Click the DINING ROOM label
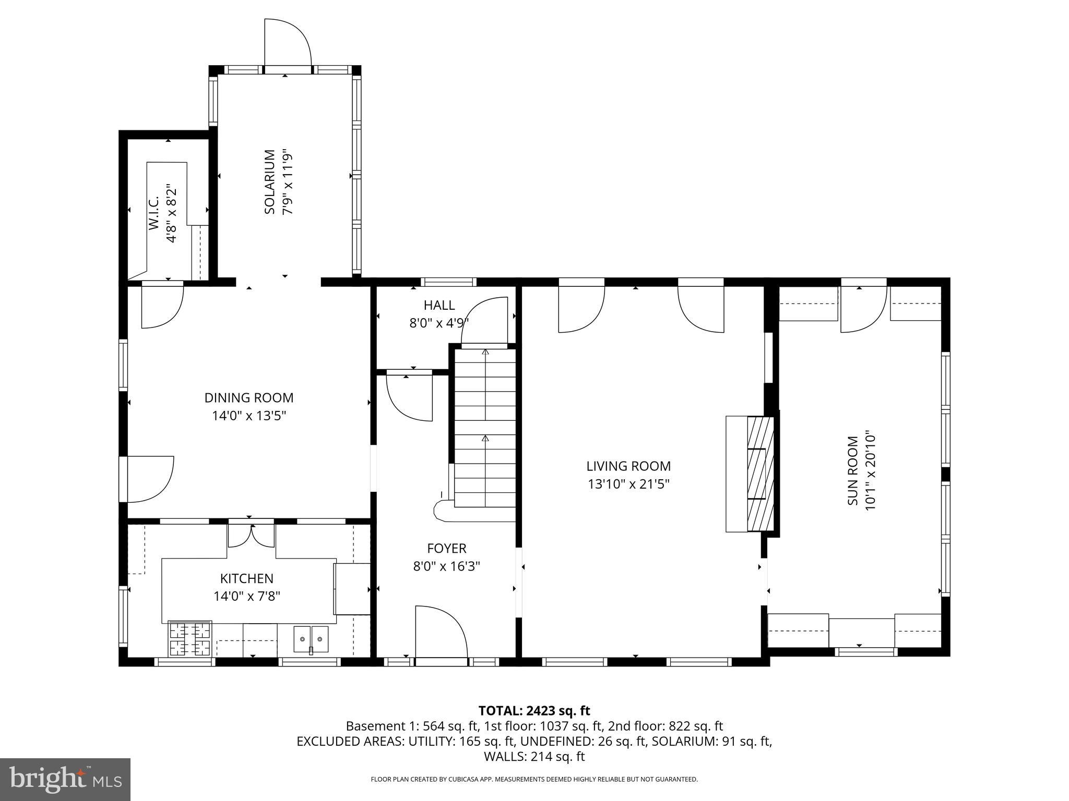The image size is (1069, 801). click(249, 398)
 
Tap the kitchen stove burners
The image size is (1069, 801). click(190, 639)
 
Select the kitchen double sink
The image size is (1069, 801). click(311, 639)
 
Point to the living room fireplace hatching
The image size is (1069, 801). click(760, 474)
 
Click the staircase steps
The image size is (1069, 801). click(485, 428)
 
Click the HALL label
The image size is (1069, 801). click(439, 305)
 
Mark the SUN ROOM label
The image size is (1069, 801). click(853, 470)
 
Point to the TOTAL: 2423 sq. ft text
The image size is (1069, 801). click(534, 711)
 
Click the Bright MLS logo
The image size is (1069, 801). click(65, 779)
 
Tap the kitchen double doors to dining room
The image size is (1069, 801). click(251, 535)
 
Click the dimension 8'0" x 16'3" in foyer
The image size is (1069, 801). click(446, 566)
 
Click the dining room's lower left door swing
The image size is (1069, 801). click(149, 479)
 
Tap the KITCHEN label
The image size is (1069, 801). click(246, 578)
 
